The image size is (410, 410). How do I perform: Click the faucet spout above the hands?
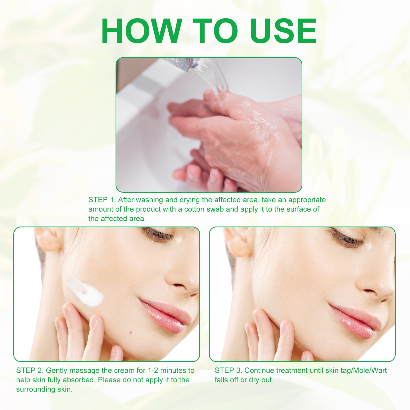pos(178,63)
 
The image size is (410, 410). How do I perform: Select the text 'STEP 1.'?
pos(102,200)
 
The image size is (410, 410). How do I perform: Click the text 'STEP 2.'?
pos(30,371)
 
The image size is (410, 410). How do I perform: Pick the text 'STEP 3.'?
pos(229,371)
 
